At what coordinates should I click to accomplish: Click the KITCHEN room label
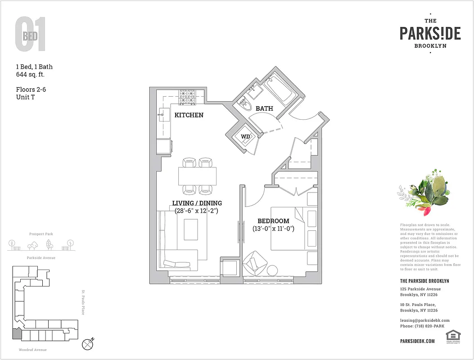click(x=189, y=115)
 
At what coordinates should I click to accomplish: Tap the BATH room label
click(x=264, y=108)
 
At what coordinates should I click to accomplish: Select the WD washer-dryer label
click(x=245, y=136)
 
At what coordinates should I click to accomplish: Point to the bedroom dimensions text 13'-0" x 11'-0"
click(x=273, y=229)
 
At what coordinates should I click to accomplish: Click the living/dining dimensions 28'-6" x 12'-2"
click(x=197, y=210)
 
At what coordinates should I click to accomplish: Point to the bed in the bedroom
click(x=288, y=228)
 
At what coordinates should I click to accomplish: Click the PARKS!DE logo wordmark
click(x=430, y=33)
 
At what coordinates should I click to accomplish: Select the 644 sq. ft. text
click(x=30, y=74)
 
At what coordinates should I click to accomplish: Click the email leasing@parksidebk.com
click(x=424, y=320)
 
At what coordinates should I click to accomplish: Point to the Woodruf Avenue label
click(x=33, y=350)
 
